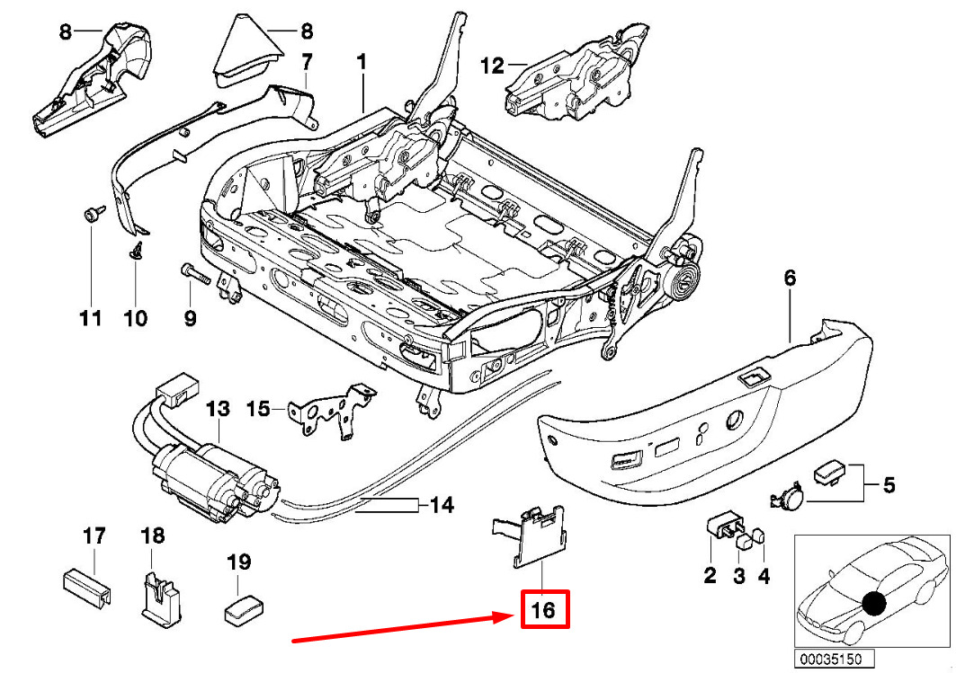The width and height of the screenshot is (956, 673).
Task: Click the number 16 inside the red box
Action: pyautogui.click(x=544, y=611)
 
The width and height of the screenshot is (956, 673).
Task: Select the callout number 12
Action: pyautogui.click(x=493, y=65)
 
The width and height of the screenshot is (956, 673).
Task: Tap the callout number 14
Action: pyautogui.click(x=441, y=505)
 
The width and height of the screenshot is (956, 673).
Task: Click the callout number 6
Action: pyautogui.click(x=790, y=279)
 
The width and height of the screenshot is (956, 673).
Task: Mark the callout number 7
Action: pyautogui.click(x=306, y=63)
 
